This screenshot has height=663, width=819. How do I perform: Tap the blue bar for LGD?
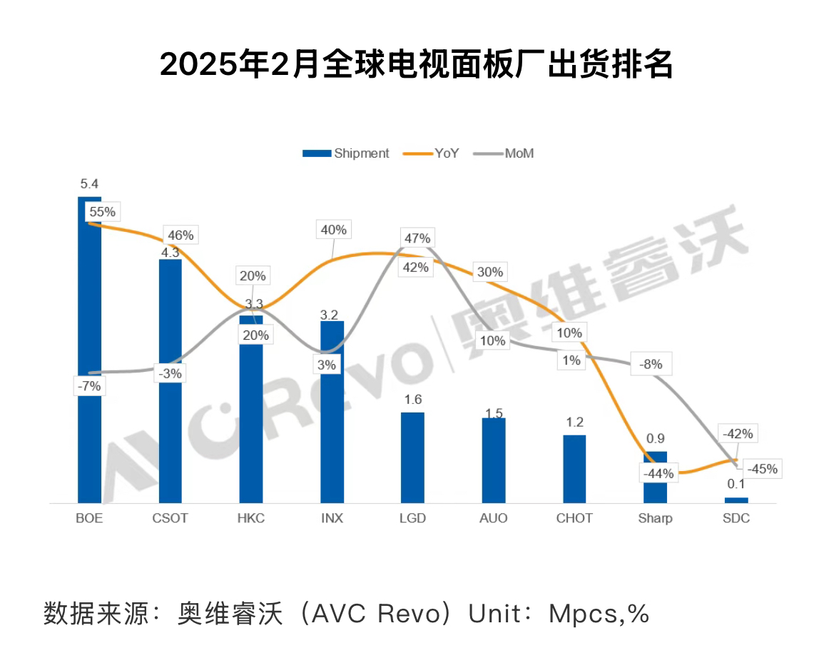tap(412, 457)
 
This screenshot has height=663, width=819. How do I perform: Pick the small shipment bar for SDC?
tap(736, 500)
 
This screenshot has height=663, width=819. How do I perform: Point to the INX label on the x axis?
tap(332, 518)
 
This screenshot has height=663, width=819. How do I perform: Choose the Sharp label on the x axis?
tap(655, 518)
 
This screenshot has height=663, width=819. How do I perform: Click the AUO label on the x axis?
tap(494, 518)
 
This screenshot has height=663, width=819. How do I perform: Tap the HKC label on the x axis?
tap(250, 518)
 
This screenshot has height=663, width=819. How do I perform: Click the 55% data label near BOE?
tap(101, 212)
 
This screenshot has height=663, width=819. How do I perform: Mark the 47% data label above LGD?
tap(416, 238)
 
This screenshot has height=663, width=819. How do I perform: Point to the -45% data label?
tap(761, 469)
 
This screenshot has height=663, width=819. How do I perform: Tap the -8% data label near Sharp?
tap(651, 364)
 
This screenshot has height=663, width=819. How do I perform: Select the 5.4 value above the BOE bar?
tap(89, 184)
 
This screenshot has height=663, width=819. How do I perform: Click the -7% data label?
tap(88, 387)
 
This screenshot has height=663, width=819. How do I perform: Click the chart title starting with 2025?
tap(416, 65)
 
